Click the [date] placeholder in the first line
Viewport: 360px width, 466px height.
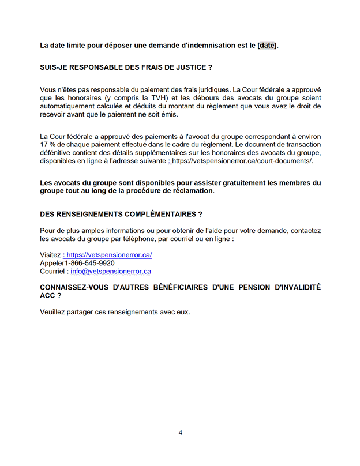[x=267, y=46]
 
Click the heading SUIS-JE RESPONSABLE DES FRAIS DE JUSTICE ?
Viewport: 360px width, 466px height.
[x=126, y=67]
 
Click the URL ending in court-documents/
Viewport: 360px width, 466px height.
[x=242, y=160]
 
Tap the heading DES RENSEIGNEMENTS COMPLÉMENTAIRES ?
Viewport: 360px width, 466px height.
[x=121, y=214]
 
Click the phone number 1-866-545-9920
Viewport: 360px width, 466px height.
[x=87, y=262]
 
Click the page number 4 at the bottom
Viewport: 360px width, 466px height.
[x=181, y=433]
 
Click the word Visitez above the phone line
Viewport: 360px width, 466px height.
[x=50, y=254]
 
